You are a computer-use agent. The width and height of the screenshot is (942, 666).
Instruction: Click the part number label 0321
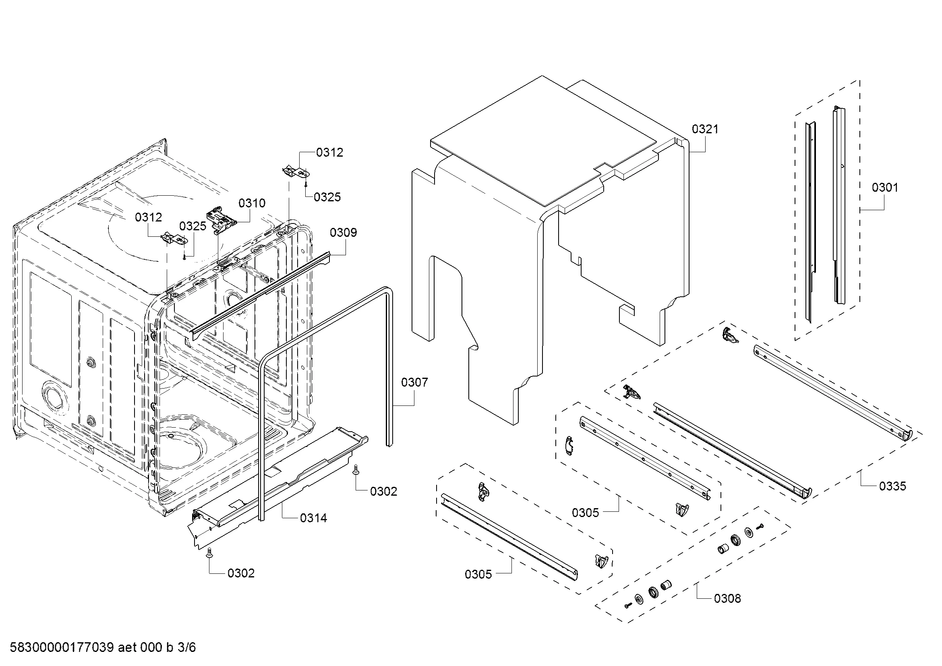tap(705, 129)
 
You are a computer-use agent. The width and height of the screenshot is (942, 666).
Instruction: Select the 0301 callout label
tap(884, 188)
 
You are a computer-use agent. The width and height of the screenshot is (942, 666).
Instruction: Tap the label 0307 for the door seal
tap(414, 383)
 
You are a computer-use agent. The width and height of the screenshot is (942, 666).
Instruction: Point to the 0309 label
tap(344, 232)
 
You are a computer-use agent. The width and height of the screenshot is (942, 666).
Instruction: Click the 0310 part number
tap(252, 203)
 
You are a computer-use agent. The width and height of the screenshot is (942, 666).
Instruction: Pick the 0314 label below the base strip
tap(313, 518)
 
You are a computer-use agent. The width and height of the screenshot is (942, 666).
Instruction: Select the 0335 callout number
tap(892, 486)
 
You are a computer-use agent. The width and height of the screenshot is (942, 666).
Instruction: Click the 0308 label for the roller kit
tap(727, 598)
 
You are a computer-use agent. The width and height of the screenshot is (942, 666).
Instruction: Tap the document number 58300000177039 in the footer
tap(62, 647)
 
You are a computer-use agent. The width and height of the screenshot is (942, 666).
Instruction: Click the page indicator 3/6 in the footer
tap(186, 647)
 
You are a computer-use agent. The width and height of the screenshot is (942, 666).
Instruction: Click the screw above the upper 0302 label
tap(356, 470)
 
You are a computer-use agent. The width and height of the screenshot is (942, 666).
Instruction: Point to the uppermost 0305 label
tap(586, 513)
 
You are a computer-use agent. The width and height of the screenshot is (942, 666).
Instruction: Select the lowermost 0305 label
tap(478, 574)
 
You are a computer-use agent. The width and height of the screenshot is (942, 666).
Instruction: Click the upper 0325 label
tap(327, 197)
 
